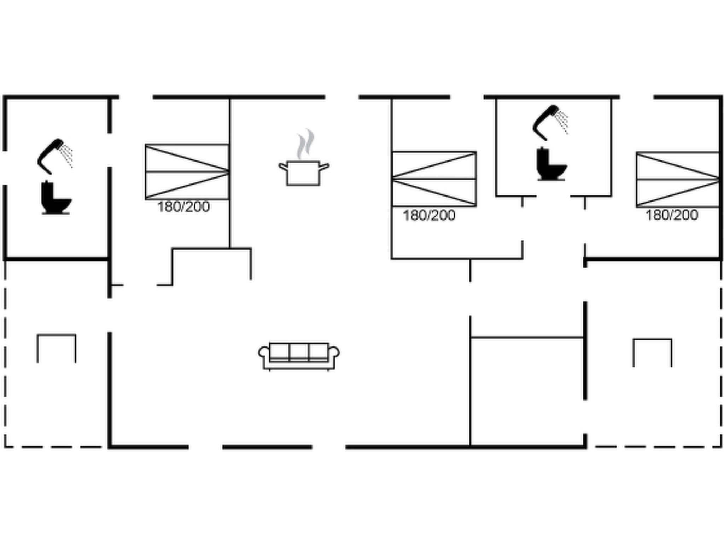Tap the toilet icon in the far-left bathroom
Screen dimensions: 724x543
[56, 198]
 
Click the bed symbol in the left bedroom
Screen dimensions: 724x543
[187, 172]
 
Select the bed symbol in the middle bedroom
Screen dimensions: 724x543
[434, 179]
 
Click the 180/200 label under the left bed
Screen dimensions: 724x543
[183, 207]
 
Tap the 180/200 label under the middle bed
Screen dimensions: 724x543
[429, 216]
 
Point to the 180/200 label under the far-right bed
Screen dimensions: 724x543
[672, 215]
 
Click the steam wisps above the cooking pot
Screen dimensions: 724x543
[305, 144]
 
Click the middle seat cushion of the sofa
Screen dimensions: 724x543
[299, 352]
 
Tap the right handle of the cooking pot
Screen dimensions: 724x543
[324, 166]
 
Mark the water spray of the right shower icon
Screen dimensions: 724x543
[562, 122]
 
